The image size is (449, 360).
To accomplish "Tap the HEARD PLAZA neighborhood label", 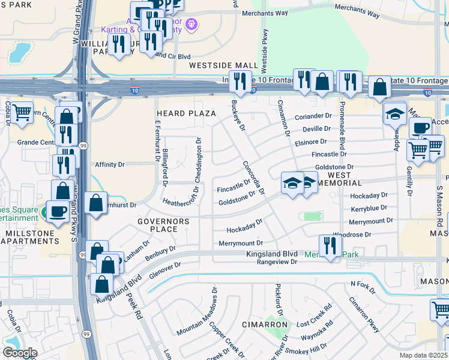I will coord(185,113).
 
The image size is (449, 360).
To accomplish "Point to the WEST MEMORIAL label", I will coord(337,178).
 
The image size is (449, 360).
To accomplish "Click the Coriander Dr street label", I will coord(313,116).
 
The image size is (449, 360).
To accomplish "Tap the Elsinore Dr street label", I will coord(310,142).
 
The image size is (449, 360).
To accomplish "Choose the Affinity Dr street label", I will coord(110,164).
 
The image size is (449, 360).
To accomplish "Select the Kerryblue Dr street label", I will coord(369,208).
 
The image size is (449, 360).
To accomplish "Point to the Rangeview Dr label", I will coord(277,262).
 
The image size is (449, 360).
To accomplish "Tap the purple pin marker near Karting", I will coord(191,25).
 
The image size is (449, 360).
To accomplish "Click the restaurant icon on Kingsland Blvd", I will coord(330,245).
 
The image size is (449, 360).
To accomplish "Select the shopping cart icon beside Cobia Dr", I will coord(22,112).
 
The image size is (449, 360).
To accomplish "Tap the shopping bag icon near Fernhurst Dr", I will coord(96,203).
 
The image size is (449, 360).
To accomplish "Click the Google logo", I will coord(20,353).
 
